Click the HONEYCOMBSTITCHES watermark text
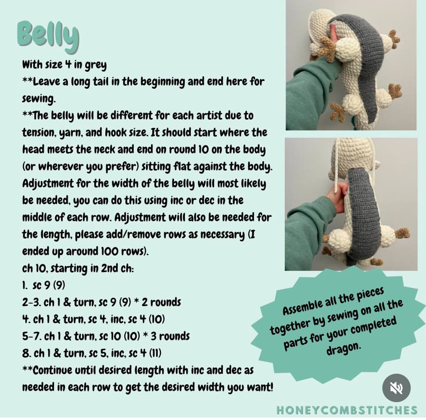(347, 410)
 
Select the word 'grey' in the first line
(96, 65)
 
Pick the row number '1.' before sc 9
(25, 285)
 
